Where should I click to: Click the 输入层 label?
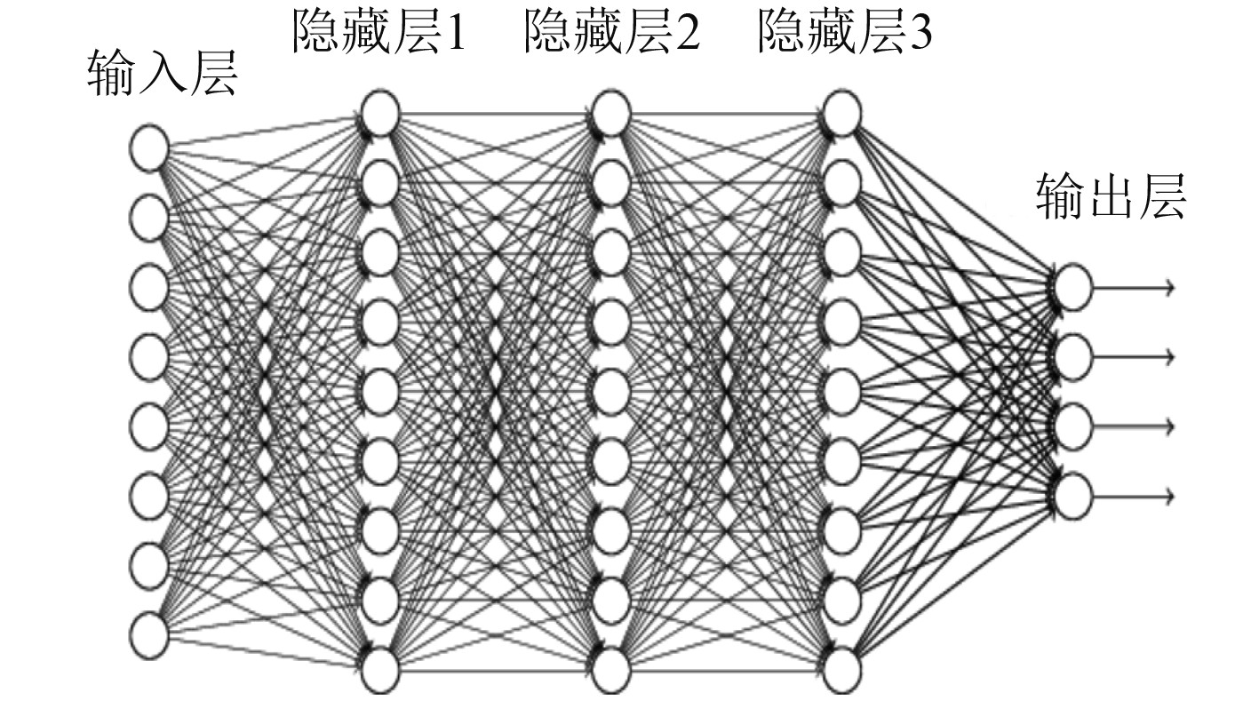point(163,73)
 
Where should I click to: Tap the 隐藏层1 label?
point(378,34)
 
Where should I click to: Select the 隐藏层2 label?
point(611,34)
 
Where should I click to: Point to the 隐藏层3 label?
point(845,34)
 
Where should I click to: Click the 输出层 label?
point(1111,197)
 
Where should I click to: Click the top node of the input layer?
point(148,147)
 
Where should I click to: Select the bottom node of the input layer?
point(148,634)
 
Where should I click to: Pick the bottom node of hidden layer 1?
point(380,670)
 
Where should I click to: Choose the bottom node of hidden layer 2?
point(611,670)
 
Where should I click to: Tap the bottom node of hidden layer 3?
point(841,670)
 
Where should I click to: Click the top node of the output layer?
point(1072,288)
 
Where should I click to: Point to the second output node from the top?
point(1072,357)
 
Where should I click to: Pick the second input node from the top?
point(148,217)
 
